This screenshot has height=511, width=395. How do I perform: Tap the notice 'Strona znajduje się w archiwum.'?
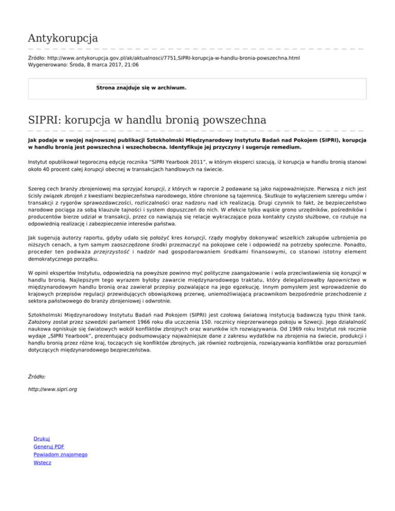[141, 88]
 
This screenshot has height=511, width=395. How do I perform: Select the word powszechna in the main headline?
[235, 121]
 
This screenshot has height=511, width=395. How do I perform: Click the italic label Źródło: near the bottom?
[37, 376]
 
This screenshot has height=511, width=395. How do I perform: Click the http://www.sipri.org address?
[52, 390]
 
